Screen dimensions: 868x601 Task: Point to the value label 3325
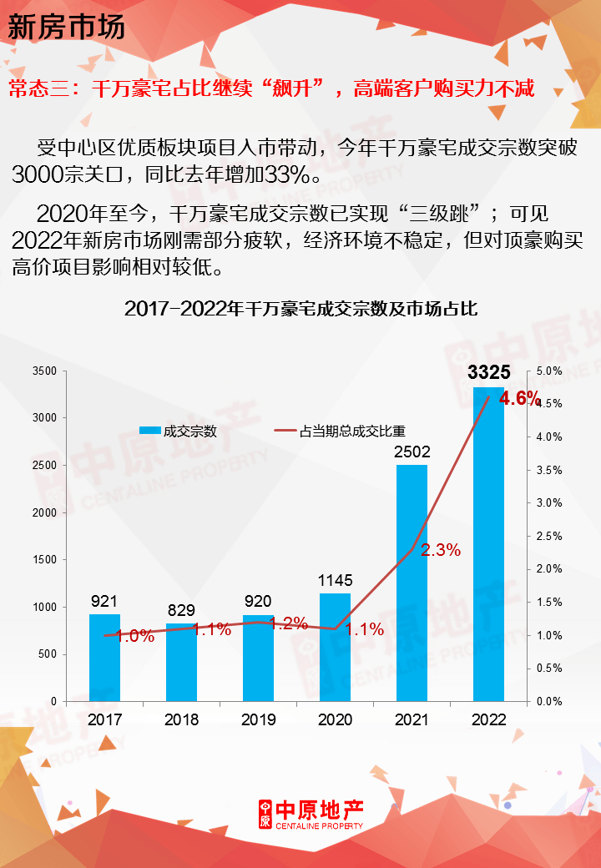(x=488, y=372)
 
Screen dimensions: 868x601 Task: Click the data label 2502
(x=412, y=452)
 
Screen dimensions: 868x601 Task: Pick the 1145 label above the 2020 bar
(x=336, y=580)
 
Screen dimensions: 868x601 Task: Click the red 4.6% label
(x=519, y=399)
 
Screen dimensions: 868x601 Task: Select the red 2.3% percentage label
(x=440, y=550)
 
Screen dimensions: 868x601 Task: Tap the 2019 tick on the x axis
(x=259, y=719)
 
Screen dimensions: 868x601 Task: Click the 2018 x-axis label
(x=182, y=719)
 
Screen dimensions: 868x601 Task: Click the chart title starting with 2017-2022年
(x=300, y=308)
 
